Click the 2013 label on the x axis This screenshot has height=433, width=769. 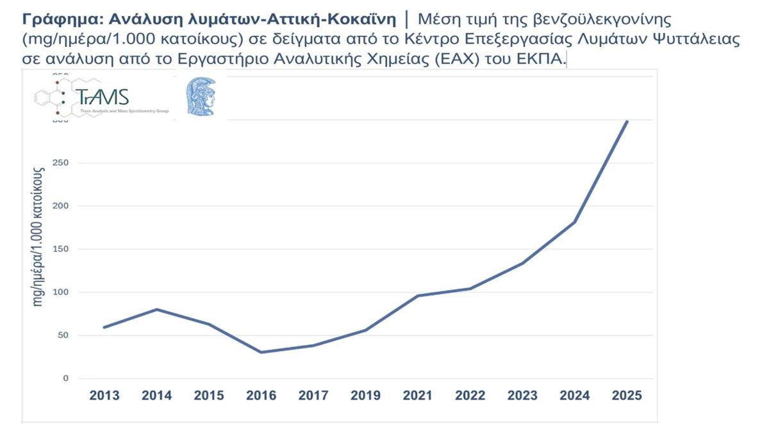(104, 396)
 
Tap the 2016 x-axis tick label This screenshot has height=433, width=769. (261, 396)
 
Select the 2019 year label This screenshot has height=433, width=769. (366, 396)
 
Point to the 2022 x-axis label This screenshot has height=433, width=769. (470, 396)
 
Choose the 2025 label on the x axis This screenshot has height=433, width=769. (627, 396)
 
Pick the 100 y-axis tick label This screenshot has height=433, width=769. (61, 293)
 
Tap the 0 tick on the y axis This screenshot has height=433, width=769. (65, 378)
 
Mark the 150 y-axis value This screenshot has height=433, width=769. (61, 250)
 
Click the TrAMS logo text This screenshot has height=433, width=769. (104, 97)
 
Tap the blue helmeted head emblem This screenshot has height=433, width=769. (201, 96)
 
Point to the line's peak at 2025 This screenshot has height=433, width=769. (627, 121)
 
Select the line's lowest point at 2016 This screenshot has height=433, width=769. (261, 352)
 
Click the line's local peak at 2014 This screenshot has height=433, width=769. (157, 309)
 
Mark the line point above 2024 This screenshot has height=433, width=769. (575, 222)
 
